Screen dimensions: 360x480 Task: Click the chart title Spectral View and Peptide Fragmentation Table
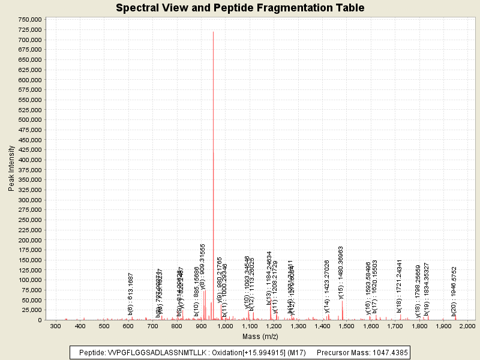click(x=240, y=8)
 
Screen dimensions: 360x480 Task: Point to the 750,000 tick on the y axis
click(x=29, y=19)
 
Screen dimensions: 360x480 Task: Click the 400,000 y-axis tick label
click(x=29, y=160)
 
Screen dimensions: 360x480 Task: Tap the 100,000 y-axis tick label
click(x=29, y=280)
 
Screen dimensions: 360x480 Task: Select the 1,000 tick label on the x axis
click(x=225, y=326)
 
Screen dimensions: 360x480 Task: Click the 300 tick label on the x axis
click(x=55, y=326)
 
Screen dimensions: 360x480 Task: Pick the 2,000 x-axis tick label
click(x=467, y=326)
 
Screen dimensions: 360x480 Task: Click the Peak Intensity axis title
click(x=11, y=169)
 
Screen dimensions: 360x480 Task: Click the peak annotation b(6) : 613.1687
click(x=130, y=294)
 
